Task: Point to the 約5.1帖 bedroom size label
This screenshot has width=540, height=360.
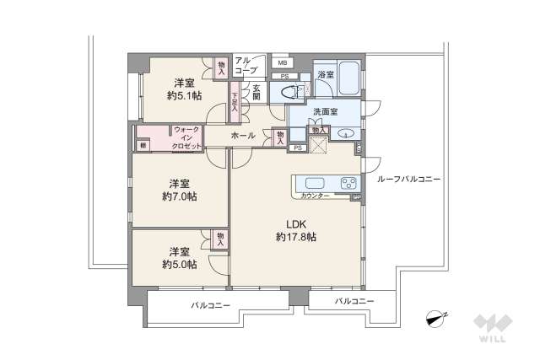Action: pos(184,96)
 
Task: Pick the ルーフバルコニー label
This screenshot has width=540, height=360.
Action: pos(409,179)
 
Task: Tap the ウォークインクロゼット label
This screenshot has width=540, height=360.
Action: pos(186,137)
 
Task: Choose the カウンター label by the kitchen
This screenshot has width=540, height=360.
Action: pos(316,196)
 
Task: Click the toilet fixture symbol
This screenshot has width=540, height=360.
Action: pos(284,93)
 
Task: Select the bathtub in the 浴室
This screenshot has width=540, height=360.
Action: pos(348,78)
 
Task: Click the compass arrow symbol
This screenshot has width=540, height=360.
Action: pos(437,319)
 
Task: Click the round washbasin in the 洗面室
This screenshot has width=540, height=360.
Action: pos(344,134)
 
